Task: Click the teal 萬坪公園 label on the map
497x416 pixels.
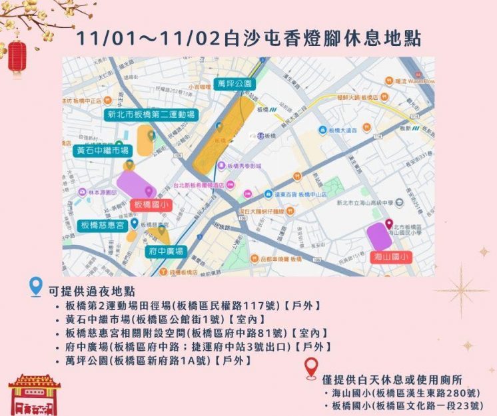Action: tap(234, 84)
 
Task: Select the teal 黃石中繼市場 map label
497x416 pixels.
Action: tap(101, 151)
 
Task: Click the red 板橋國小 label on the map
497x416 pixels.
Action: tap(153, 204)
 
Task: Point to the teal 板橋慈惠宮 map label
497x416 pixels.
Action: tap(102, 226)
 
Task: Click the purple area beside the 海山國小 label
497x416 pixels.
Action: tap(379, 236)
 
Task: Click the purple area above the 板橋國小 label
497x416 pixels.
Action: tap(135, 184)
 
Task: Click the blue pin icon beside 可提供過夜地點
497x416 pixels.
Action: tap(37, 288)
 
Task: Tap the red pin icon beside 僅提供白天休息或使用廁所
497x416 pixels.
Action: tap(310, 368)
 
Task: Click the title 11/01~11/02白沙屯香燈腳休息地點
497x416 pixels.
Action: tap(248, 38)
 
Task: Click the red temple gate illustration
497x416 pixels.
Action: tap(35, 395)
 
